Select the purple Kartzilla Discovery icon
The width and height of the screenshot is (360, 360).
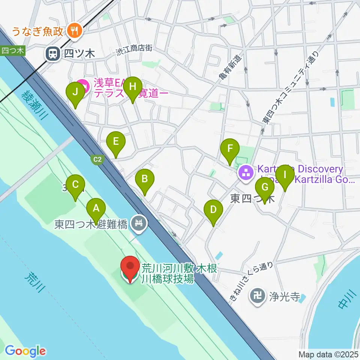coord(246,173)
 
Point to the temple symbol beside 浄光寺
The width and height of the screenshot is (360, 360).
coord(258,297)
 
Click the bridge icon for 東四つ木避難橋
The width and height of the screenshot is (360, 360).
coord(139,224)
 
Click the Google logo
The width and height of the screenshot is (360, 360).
coord(25,351)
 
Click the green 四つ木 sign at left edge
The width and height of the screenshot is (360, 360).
coord(12,51)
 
